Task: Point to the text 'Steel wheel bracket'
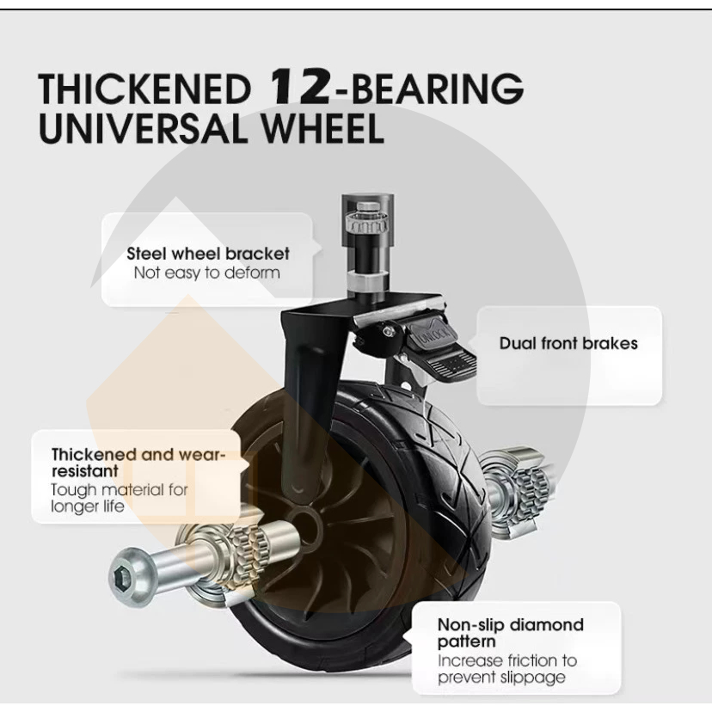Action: [208, 254]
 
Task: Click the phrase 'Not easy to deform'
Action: [206, 273]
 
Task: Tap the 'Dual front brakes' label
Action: [568, 343]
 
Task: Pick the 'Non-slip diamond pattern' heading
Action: [510, 633]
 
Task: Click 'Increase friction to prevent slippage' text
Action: [506, 669]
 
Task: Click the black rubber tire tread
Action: [439, 447]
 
